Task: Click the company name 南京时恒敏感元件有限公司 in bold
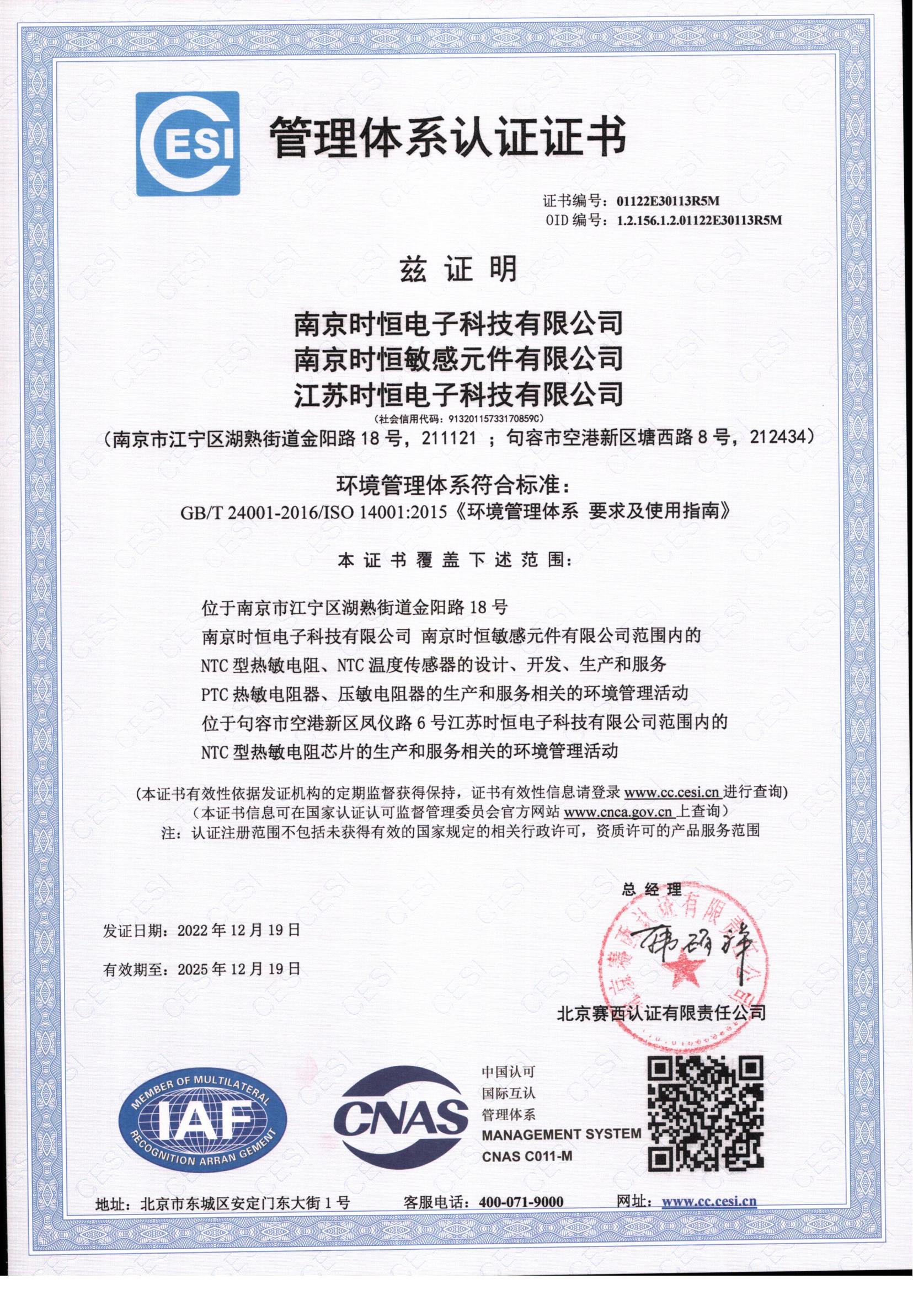459,358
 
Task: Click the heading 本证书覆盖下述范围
453,561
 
